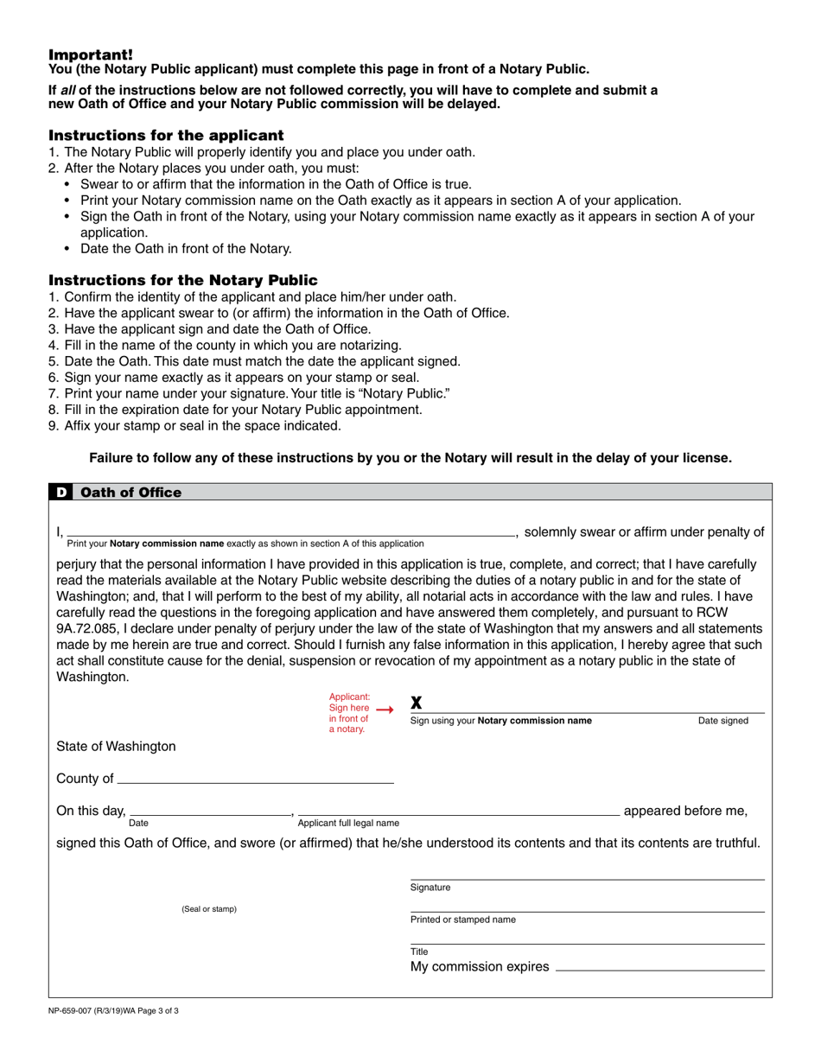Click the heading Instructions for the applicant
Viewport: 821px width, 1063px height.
point(165,136)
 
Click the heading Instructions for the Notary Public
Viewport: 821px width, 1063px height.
point(182,280)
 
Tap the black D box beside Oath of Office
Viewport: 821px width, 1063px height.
point(61,493)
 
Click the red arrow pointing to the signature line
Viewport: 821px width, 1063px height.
point(385,710)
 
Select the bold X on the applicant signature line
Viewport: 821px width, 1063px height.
point(416,703)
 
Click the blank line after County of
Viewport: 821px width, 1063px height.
point(255,780)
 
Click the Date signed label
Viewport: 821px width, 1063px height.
point(722,721)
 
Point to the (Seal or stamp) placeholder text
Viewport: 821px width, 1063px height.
point(208,909)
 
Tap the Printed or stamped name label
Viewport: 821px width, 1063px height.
point(462,920)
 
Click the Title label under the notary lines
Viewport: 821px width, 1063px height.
point(419,952)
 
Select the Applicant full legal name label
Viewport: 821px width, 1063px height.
point(348,823)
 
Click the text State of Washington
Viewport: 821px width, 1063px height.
point(116,746)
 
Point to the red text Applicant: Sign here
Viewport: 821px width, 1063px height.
point(350,702)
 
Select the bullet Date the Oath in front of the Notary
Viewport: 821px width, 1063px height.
point(186,248)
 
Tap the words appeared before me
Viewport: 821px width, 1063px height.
point(684,811)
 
